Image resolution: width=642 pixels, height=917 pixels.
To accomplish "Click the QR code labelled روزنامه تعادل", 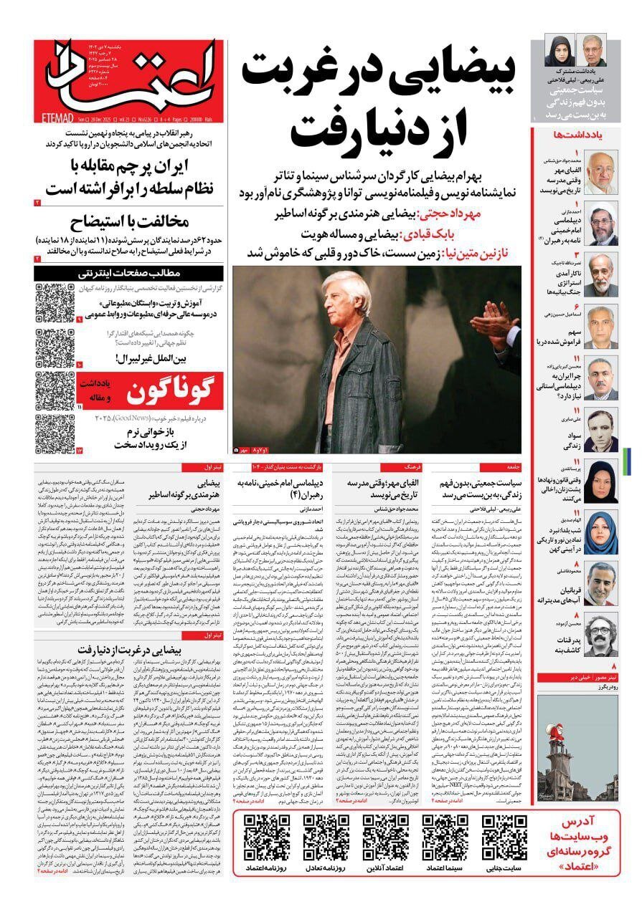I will click(326, 835).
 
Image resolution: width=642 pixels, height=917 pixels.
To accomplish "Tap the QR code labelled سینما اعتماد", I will click(444, 835).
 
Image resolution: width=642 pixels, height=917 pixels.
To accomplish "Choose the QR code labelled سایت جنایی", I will click(504, 835).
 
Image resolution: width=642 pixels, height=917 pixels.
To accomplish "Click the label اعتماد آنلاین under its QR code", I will click(386, 868).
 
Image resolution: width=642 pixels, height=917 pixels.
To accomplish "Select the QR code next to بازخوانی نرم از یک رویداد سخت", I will click(55, 433).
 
